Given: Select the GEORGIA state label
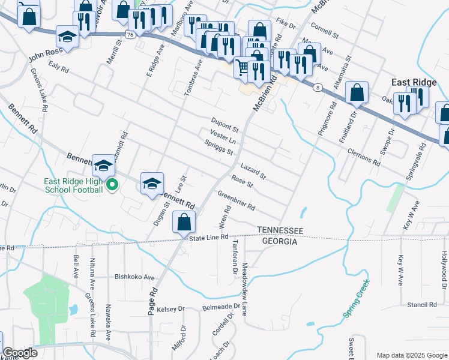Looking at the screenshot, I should (280, 241).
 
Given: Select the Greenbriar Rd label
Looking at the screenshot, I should (237, 200).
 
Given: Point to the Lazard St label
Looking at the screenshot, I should (253, 171).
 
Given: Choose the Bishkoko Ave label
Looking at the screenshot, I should (135, 277).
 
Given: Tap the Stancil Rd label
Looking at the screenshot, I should (421, 305).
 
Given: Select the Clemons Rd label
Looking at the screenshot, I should (364, 157).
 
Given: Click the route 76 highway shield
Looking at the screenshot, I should (131, 35).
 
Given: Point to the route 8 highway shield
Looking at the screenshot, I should (317, 88).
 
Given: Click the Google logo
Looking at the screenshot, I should (20, 353).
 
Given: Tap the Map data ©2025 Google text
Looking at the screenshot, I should (411, 355).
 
